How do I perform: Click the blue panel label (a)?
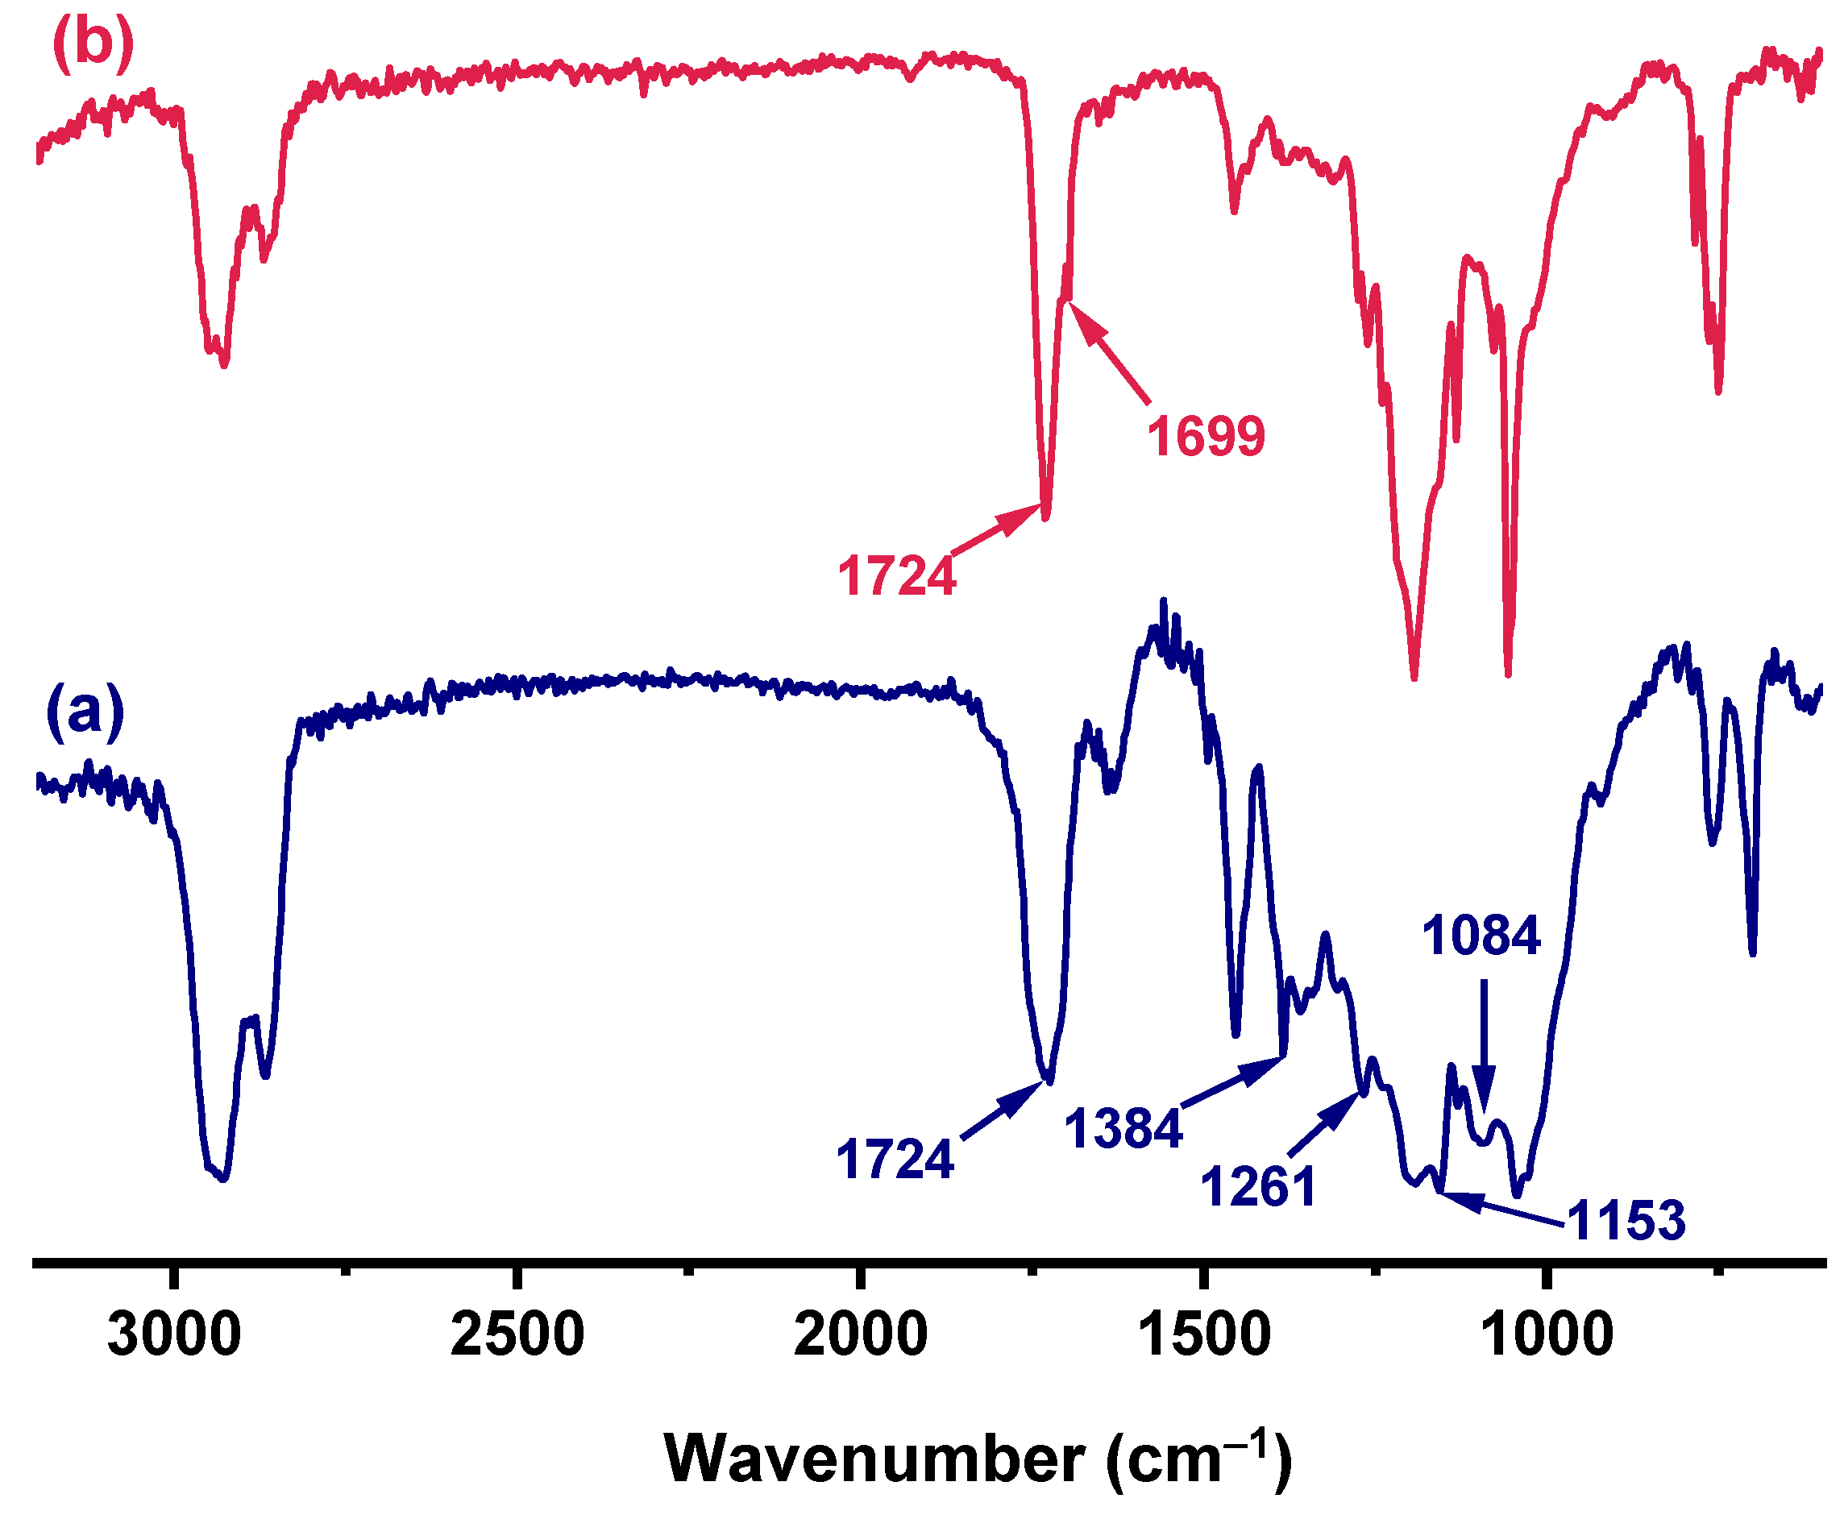coord(85,712)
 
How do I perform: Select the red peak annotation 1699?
coord(1205,436)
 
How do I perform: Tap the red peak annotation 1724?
coord(896,577)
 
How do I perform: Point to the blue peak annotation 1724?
coord(895,1159)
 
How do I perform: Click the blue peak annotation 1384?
coord(1123,1127)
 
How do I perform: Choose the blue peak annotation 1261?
coord(1257,1187)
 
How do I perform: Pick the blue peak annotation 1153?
coord(1626,1220)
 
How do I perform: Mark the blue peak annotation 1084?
coord(1481,936)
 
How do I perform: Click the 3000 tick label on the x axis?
coord(175,1336)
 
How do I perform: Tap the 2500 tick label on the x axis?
coord(517,1336)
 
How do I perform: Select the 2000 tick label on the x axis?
coord(861,1336)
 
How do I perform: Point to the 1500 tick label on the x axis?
coord(1204,1336)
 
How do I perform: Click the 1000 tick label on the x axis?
coord(1547,1336)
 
